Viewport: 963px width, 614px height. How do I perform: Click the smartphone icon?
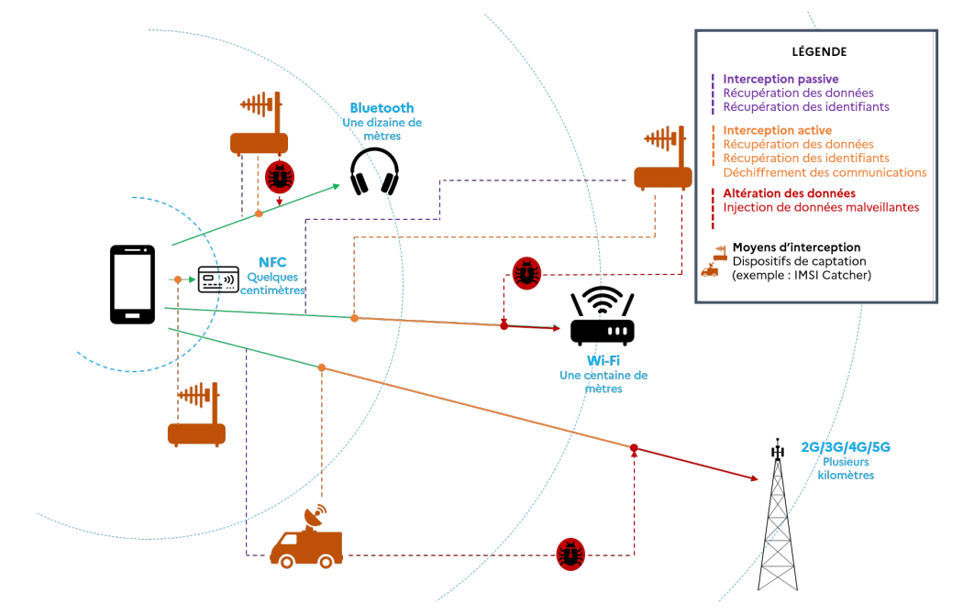[x=132, y=283]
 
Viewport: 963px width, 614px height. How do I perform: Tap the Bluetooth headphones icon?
[x=374, y=171]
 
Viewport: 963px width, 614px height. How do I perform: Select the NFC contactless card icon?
[x=218, y=279]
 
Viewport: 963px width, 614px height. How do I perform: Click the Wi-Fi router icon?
[x=602, y=316]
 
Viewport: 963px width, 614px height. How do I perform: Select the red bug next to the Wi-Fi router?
[x=526, y=273]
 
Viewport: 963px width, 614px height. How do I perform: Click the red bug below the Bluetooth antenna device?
[x=279, y=176]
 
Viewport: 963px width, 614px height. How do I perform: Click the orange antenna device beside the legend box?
[x=662, y=159]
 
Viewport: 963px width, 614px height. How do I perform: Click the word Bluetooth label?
[x=382, y=108]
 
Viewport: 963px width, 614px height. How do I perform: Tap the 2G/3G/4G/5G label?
[x=846, y=447]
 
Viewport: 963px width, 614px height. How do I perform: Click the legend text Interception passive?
[x=780, y=80]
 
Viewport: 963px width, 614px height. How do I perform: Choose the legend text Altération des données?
[x=789, y=193]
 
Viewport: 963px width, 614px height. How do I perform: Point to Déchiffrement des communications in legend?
[x=825, y=172]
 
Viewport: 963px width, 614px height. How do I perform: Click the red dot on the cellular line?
[x=633, y=448]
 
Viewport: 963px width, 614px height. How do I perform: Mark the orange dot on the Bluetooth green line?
[x=259, y=214]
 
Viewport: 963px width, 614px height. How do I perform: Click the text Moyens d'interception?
[x=796, y=247]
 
